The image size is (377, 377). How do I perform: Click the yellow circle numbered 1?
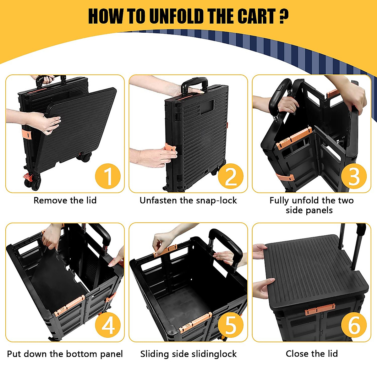click(x=108, y=176)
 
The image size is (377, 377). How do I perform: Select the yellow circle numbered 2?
click(x=231, y=176)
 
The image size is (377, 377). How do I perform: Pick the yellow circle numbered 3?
click(x=354, y=176)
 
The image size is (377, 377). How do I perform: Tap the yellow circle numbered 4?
click(x=108, y=325)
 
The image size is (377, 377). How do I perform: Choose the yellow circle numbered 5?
click(x=231, y=325)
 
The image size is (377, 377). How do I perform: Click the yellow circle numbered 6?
click(x=354, y=325)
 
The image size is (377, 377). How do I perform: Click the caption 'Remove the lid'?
click(x=65, y=200)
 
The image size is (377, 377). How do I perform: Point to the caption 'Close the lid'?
click(x=312, y=354)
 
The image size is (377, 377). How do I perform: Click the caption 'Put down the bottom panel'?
click(x=65, y=354)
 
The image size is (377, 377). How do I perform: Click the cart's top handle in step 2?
click(x=194, y=83)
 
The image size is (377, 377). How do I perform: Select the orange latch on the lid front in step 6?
click(x=320, y=309)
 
